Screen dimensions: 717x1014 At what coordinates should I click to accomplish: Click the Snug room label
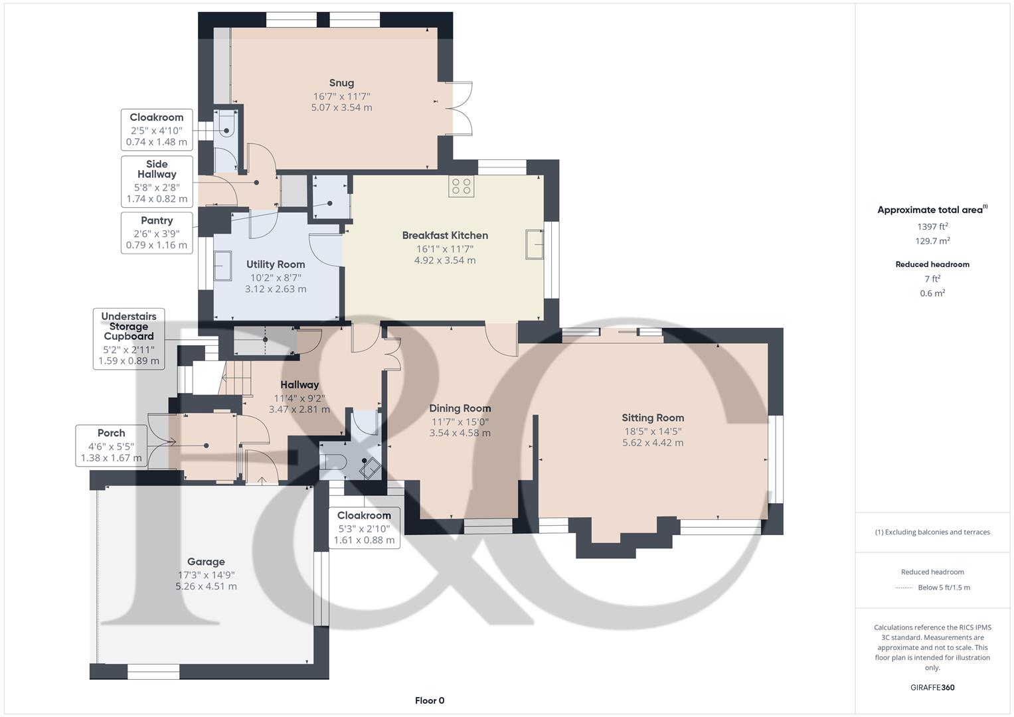pyautogui.click(x=341, y=83)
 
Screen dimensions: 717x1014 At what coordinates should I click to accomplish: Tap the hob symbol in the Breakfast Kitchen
pyautogui.click(x=461, y=187)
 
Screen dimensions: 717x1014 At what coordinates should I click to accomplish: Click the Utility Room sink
pyautogui.click(x=222, y=266)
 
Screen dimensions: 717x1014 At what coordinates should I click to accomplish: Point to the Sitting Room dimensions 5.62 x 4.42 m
pyautogui.click(x=652, y=443)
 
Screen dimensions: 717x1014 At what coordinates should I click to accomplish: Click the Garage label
pyautogui.click(x=206, y=562)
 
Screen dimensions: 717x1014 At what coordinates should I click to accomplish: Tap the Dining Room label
pyautogui.click(x=460, y=408)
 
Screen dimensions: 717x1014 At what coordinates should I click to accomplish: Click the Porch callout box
pyautogui.click(x=111, y=445)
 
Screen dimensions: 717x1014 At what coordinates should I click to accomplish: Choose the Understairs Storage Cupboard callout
pyautogui.click(x=129, y=339)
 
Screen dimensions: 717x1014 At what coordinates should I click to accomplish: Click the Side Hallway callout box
pyautogui.click(x=157, y=181)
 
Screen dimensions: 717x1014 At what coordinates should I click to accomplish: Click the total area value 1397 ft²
pyautogui.click(x=932, y=226)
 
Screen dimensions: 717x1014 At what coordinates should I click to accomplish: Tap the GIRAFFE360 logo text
pyautogui.click(x=932, y=687)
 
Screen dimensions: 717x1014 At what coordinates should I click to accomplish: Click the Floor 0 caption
pyautogui.click(x=430, y=700)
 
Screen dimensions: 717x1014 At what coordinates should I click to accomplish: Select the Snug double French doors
pyautogui.click(x=459, y=107)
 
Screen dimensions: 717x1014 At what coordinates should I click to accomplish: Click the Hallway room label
pyautogui.click(x=299, y=384)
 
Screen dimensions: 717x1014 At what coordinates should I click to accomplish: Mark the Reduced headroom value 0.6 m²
pyautogui.click(x=932, y=293)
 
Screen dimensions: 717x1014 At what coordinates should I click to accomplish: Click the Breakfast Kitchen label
pyautogui.click(x=445, y=235)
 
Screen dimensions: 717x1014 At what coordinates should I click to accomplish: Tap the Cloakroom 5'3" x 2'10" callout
pyautogui.click(x=364, y=528)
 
